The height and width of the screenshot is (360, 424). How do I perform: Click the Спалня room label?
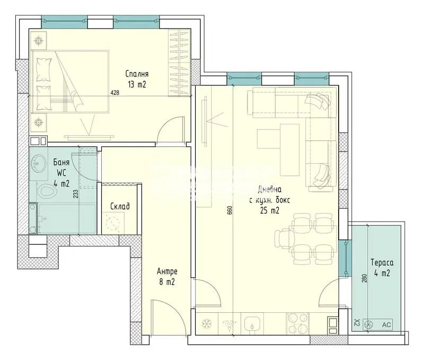(x=137, y=74)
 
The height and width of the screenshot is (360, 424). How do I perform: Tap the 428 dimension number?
(x=115, y=92)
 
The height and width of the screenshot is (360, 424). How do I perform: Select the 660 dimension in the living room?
(x=230, y=210)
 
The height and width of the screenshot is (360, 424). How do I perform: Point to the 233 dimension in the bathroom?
(x=76, y=194)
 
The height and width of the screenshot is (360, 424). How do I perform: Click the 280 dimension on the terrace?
(x=364, y=278)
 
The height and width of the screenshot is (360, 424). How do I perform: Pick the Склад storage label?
(x=120, y=206)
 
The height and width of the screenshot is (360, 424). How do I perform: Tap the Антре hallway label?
(x=167, y=271)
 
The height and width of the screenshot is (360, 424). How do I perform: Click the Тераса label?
(x=382, y=262)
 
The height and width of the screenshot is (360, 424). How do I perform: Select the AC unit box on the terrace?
(x=377, y=324)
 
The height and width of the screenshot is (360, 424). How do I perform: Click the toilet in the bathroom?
(x=47, y=191)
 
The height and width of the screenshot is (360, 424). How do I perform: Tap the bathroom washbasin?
(x=38, y=163)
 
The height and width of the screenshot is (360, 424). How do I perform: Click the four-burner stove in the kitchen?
(x=298, y=323)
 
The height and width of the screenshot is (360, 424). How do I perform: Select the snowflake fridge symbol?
(x=207, y=323)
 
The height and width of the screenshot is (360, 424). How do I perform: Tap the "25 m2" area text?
(x=270, y=210)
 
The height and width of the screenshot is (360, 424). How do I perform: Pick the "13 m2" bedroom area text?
(x=137, y=84)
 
